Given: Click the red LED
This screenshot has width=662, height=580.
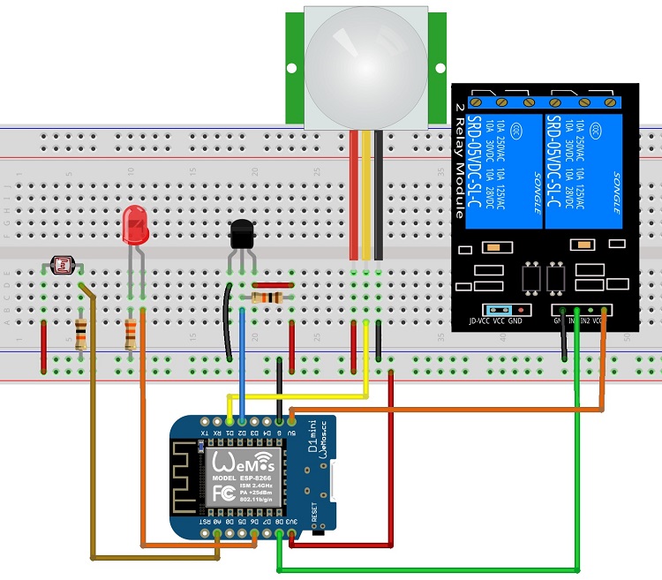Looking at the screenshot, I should (x=134, y=226).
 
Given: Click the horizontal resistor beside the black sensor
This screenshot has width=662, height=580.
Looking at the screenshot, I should (x=268, y=298).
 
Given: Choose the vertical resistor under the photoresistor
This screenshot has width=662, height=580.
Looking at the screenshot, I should (x=81, y=334).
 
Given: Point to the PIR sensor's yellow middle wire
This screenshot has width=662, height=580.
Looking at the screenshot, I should (x=366, y=194).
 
